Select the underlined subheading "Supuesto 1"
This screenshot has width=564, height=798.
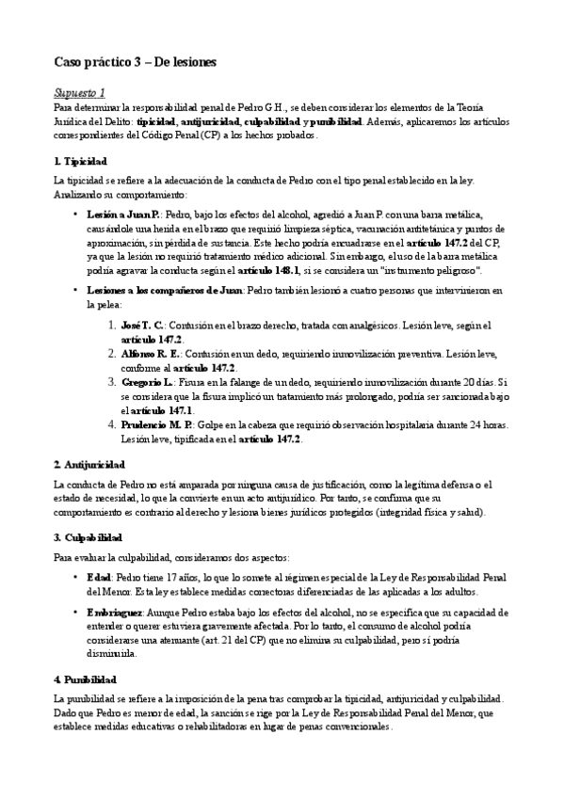[x=79, y=92]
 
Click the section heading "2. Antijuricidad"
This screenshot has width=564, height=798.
[x=89, y=465]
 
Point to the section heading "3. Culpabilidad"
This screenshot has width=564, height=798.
[x=88, y=536]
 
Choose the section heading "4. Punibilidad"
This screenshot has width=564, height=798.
[x=86, y=678]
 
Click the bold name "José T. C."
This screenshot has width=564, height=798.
[x=145, y=325]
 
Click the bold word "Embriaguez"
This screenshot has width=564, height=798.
[x=114, y=613]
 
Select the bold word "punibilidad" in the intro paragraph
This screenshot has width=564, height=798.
[x=334, y=122]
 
